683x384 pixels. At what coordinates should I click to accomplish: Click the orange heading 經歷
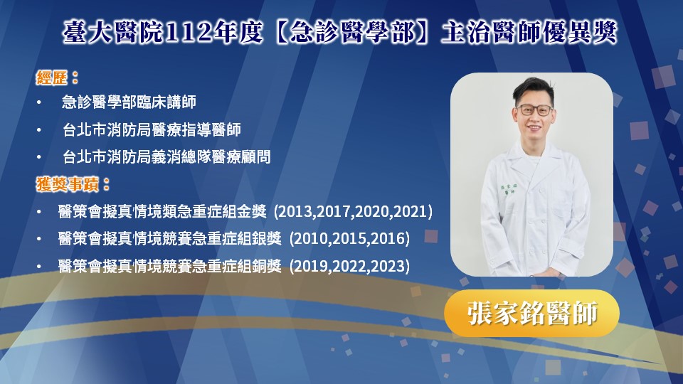click(52, 78)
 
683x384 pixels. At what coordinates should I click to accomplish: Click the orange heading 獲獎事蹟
click(68, 184)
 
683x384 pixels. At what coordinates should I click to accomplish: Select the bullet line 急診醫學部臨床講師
click(129, 102)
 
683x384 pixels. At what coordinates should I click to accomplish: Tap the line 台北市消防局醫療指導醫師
click(152, 129)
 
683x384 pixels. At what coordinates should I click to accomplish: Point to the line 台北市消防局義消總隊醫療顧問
click(166, 156)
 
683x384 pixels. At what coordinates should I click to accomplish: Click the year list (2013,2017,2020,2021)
click(354, 212)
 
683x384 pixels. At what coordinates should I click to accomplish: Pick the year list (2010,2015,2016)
click(349, 239)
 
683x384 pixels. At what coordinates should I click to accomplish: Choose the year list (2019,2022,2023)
click(349, 266)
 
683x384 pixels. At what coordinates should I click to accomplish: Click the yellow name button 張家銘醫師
click(532, 313)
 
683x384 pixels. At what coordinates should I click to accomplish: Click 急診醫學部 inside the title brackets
click(353, 33)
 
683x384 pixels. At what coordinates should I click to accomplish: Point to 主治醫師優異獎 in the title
click(529, 33)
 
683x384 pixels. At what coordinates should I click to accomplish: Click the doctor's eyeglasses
click(534, 110)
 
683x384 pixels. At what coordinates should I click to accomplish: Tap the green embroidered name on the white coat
click(508, 189)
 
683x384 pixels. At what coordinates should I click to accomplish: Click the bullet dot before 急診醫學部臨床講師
click(39, 102)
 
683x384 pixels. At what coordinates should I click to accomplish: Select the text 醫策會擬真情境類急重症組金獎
click(162, 212)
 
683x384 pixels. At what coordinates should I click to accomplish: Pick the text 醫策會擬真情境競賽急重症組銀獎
click(169, 239)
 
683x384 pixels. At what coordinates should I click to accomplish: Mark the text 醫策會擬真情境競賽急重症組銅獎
click(169, 266)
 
